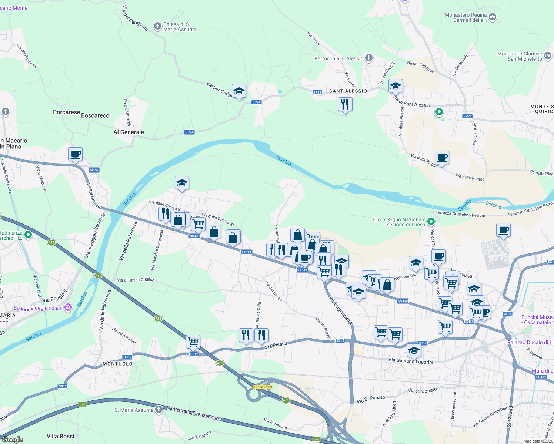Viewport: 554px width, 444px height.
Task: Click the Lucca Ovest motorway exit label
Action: [263, 387]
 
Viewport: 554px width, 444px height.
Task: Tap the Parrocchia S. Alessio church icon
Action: [368, 58]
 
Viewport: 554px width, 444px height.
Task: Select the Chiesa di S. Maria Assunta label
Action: [180, 27]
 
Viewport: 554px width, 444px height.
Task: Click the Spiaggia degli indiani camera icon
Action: [68, 307]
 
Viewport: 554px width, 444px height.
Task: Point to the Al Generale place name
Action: [129, 132]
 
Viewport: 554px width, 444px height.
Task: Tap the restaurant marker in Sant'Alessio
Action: [345, 104]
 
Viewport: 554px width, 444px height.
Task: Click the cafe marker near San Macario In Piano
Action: [75, 154]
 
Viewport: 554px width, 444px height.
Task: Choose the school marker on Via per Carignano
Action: [239, 91]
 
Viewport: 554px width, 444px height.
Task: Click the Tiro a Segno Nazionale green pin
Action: [431, 222]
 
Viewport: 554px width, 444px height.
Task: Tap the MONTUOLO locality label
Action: [117, 364]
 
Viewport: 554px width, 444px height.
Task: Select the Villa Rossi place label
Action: [60, 436]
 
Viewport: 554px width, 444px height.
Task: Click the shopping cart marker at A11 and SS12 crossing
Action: [193, 342]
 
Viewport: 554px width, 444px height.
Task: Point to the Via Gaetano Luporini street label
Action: [411, 361]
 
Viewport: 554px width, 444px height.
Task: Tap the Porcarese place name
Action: [66, 112]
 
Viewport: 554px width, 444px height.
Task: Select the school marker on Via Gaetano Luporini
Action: [414, 350]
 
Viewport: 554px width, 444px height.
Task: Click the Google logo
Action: [13, 440]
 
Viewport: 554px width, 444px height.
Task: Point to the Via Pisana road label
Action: [276, 346]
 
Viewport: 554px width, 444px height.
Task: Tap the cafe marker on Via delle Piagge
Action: [442, 158]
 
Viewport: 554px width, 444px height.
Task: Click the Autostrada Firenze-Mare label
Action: [194, 413]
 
